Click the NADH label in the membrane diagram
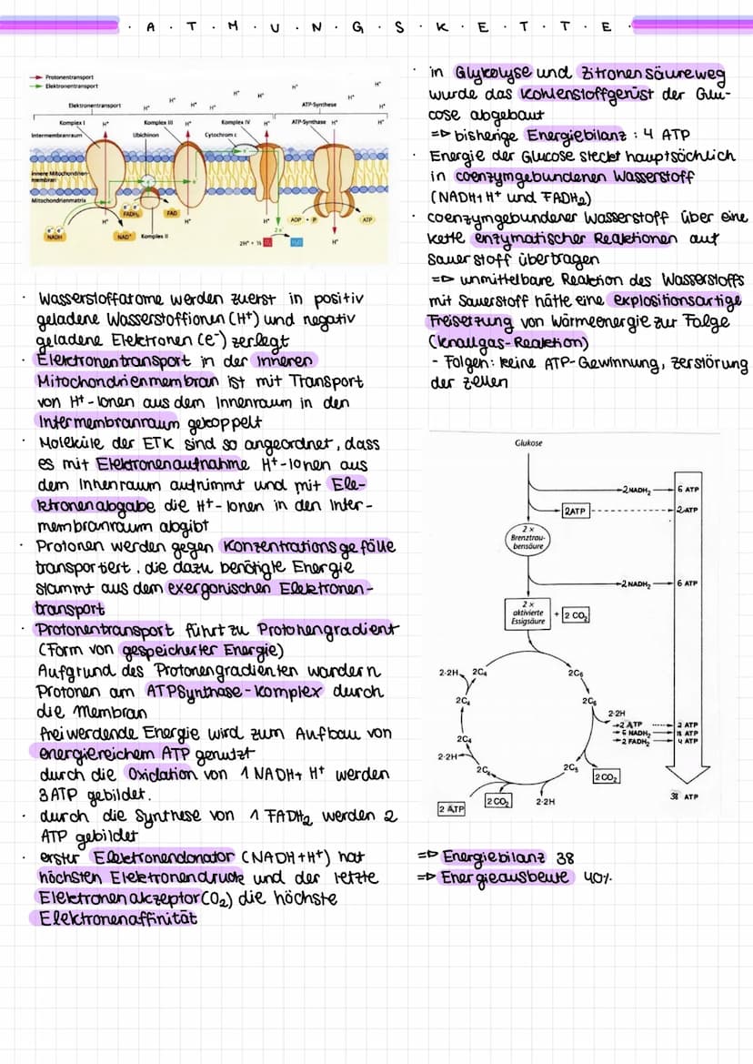pos(55,237)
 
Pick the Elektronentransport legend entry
pos(65,86)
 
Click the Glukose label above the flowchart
pos(528,443)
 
